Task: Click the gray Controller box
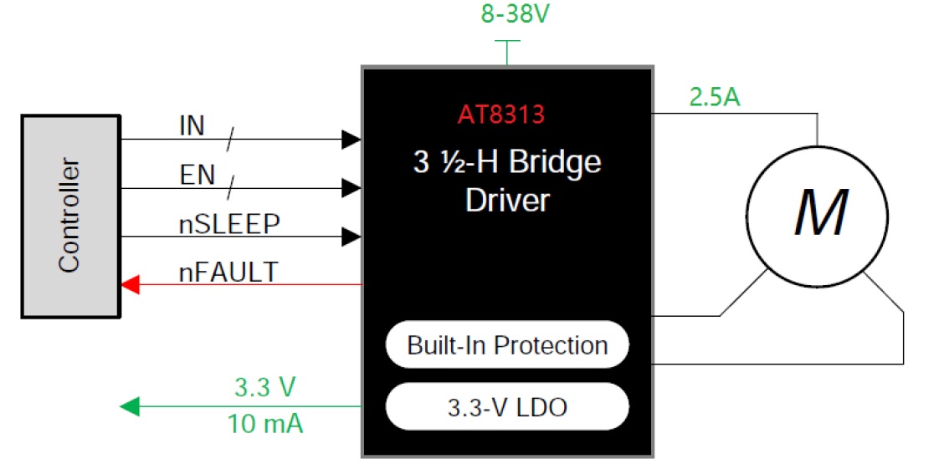click(69, 216)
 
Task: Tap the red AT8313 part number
click(500, 115)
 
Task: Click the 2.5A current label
click(714, 98)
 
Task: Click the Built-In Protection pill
click(507, 344)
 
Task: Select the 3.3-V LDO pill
click(507, 407)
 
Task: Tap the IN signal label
click(192, 126)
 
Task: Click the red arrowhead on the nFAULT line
click(130, 285)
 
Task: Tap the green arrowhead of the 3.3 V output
click(130, 407)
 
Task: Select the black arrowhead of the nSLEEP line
click(351, 237)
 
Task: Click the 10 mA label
click(265, 424)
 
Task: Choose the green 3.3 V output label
click(264, 388)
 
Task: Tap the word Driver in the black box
click(507, 201)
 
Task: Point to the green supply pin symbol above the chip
click(507, 51)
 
